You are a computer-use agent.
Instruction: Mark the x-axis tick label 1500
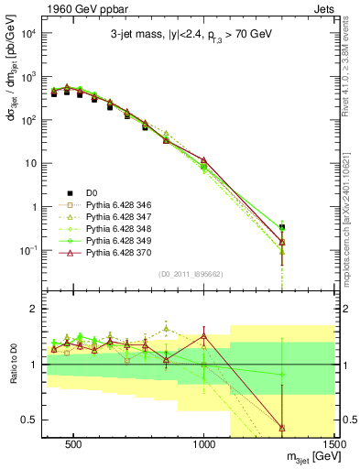click(x=333, y=442)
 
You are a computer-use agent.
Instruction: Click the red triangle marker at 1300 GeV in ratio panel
click(x=282, y=427)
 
